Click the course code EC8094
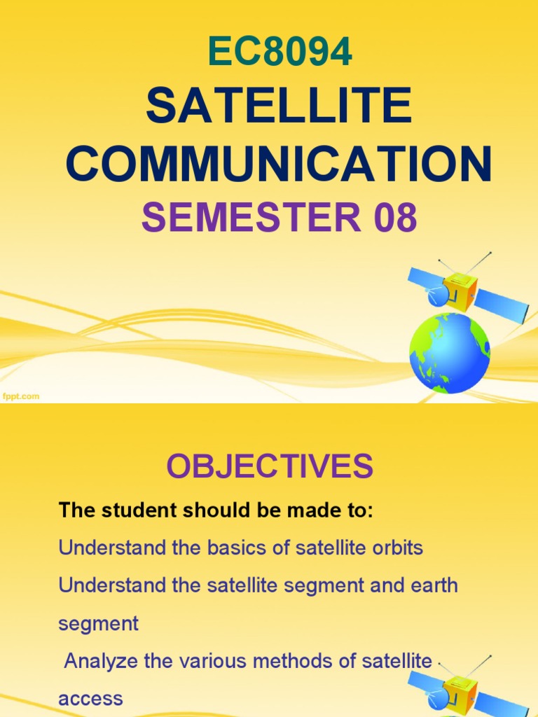coord(280,53)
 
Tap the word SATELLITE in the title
coord(279,107)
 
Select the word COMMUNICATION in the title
coord(279,165)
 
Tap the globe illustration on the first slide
coord(450,352)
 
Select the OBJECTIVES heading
coord(270,466)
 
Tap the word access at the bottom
coord(90,698)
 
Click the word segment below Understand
coord(98,623)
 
